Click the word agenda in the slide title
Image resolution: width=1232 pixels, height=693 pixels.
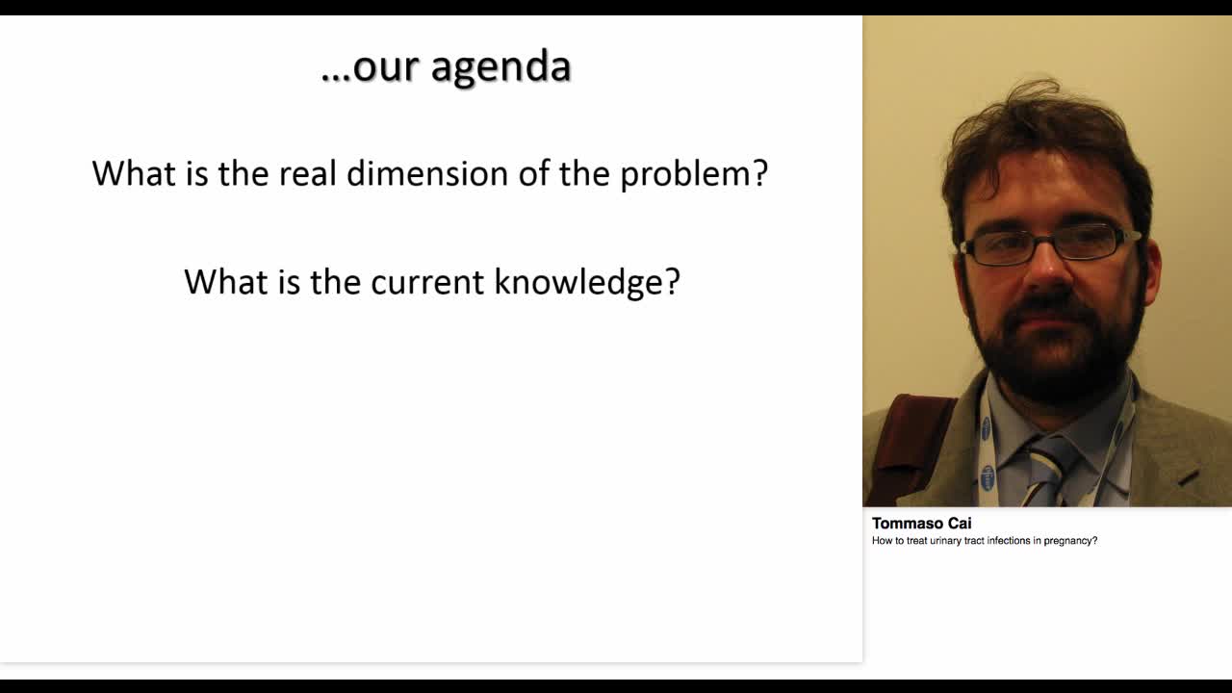click(x=501, y=67)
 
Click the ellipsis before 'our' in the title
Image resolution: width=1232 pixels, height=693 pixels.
click(x=336, y=78)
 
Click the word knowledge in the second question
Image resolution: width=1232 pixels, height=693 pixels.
click(x=579, y=283)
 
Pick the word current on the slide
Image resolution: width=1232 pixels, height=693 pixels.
click(x=427, y=283)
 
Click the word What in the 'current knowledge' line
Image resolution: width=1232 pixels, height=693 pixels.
click(x=225, y=282)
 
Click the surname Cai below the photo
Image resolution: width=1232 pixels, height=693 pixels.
click(x=960, y=523)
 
